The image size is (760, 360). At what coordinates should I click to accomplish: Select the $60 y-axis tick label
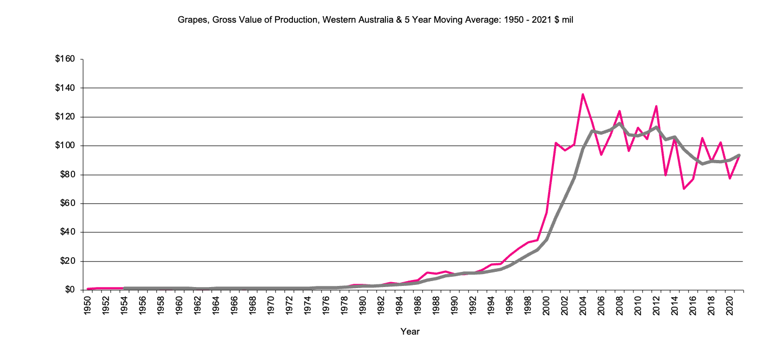pyautogui.click(x=68, y=204)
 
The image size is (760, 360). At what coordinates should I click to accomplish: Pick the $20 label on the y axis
pyautogui.click(x=68, y=262)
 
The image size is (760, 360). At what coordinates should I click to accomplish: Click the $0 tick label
pyautogui.click(x=70, y=290)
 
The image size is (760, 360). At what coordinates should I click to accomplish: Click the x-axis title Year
pyautogui.click(x=410, y=331)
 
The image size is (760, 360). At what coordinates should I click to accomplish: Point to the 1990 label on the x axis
pyautogui.click(x=455, y=305)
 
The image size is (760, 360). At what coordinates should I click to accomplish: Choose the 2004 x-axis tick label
pyautogui.click(x=583, y=305)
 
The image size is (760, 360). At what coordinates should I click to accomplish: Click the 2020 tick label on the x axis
pyautogui.click(x=729, y=305)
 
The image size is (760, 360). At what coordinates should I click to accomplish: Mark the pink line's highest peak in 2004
pyautogui.click(x=583, y=94)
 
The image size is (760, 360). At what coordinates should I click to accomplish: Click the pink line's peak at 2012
pyautogui.click(x=656, y=106)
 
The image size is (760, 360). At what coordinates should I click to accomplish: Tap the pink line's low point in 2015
pyautogui.click(x=684, y=189)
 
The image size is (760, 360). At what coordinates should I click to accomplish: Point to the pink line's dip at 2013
pyautogui.click(x=665, y=175)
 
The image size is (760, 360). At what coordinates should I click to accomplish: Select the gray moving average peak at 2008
pyautogui.click(x=619, y=123)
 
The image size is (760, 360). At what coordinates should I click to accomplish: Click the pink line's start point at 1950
pyautogui.click(x=88, y=289)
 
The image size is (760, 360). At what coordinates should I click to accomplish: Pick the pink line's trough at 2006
pyautogui.click(x=601, y=155)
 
